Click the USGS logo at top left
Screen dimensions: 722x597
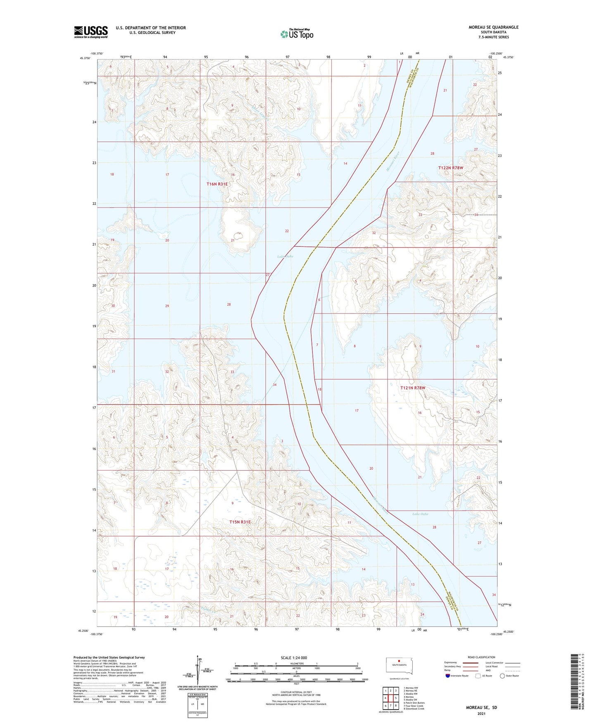91,32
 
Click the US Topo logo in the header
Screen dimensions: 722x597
297,34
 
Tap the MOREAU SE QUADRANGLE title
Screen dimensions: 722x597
493,27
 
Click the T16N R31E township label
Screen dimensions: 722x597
217,184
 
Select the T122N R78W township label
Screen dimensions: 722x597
451,168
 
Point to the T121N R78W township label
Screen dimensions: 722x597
412,388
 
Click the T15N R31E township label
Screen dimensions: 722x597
240,522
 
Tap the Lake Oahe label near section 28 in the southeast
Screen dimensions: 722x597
420,514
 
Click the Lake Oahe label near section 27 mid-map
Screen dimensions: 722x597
285,256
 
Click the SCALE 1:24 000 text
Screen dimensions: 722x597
293,657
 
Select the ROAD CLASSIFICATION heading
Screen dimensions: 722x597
481,657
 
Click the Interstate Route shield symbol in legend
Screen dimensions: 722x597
448,676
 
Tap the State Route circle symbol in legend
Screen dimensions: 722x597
502,676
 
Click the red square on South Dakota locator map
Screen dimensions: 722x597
399,660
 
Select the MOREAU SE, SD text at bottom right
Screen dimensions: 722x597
481,708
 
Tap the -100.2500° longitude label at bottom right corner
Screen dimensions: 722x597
497,634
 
